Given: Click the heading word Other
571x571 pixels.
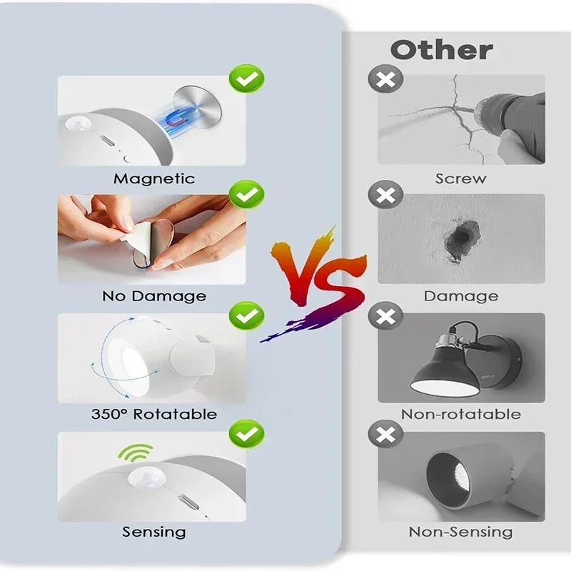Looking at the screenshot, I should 441,50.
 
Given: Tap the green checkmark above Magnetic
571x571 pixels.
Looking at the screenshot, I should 246,79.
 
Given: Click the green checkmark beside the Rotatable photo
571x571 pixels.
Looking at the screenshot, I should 246,315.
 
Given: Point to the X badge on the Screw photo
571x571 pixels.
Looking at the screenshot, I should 385,79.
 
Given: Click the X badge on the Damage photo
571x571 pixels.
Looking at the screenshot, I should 385,195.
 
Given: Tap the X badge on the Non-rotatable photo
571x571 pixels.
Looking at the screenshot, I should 385,315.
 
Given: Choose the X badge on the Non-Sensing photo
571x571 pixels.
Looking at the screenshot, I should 385,433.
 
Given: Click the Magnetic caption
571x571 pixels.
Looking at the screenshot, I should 154,178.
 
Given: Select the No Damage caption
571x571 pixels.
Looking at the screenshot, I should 154,295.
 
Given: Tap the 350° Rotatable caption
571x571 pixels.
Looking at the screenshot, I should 154,414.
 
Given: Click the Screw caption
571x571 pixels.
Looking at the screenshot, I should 460,178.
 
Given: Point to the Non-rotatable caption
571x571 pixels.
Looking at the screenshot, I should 460,414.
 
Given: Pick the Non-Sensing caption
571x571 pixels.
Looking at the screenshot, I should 460,532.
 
